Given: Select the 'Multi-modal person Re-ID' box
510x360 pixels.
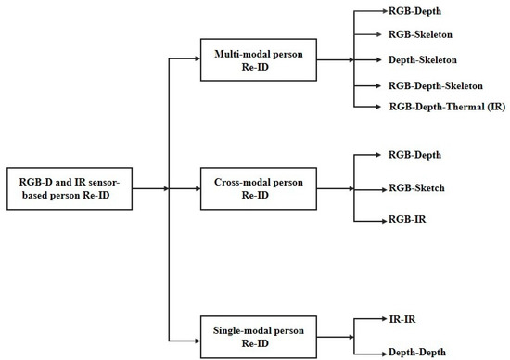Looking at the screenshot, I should pos(257,59).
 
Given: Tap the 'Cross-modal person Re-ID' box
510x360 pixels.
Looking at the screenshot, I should pos(257,189).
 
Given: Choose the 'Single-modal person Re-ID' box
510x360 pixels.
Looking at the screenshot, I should pos(257,335).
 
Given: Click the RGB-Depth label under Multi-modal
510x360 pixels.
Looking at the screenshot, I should pos(415,14).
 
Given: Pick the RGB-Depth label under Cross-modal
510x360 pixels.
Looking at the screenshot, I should pos(415,154).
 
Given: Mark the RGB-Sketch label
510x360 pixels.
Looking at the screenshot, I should pos(417,188).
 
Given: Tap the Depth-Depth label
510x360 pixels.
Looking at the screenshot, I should pos(416,352).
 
